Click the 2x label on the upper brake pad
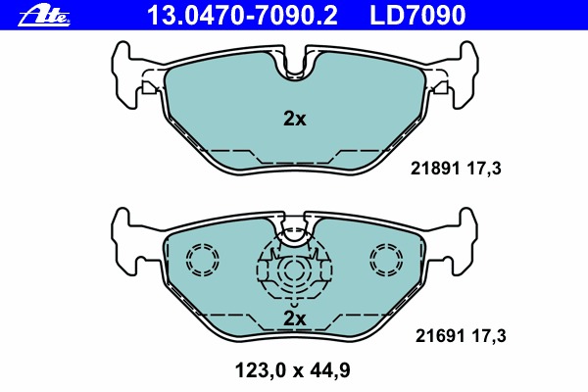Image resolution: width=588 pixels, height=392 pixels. click(294, 119)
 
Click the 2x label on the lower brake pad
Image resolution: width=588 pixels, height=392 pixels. click(294, 318)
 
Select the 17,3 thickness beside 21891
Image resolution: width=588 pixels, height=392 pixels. click(485, 169)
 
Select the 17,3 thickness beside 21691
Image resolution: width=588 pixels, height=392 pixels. click(485, 336)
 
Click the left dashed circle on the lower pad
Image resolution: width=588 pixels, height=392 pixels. click(204, 259)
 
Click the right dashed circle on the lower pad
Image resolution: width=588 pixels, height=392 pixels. click(385, 259)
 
